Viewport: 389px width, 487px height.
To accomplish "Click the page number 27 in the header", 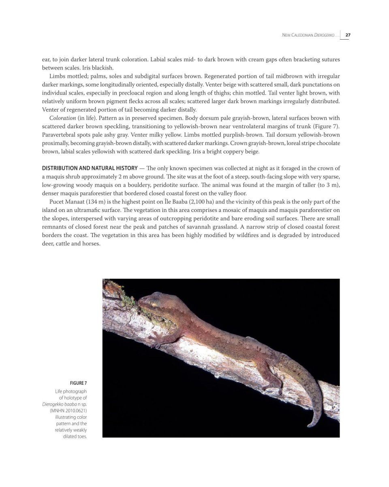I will pyautogui.click(x=348, y=35).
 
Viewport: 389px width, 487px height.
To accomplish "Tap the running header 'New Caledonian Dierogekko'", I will pyautogui.click(x=308, y=36).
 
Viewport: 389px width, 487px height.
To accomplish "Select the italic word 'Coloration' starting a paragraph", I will pyautogui.click(x=62, y=118).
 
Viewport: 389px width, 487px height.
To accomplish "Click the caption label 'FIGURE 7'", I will pyautogui.click(x=78, y=383).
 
